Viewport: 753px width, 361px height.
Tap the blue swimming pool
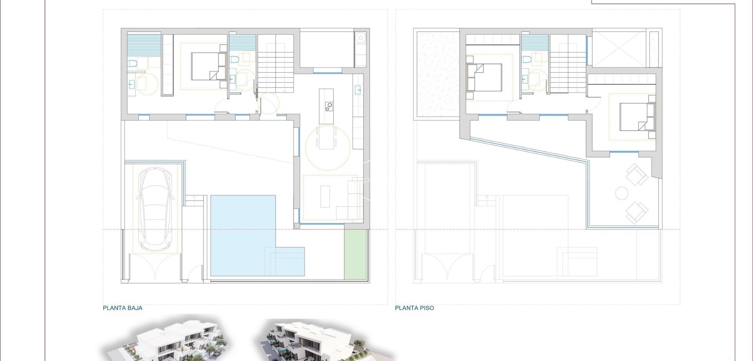[x=243, y=235]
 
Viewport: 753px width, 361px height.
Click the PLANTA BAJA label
[x=122, y=308]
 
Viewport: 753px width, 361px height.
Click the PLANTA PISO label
[x=414, y=308]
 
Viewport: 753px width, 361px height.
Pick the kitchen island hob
[x=328, y=106]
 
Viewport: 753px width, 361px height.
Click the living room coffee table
[x=325, y=196]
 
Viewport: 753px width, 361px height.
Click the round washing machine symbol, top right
[x=360, y=38]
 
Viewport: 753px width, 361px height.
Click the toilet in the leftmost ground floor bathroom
[x=132, y=63]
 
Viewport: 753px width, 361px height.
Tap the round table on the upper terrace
[x=622, y=193]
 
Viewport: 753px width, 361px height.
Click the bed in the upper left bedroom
[x=485, y=77]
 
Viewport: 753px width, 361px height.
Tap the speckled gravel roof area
[x=437, y=75]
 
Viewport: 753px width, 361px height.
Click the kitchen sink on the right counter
[x=358, y=90]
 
